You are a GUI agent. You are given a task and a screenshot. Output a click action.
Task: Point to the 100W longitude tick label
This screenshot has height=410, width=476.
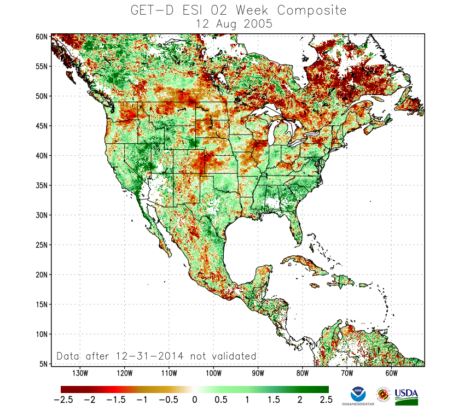click(213, 373)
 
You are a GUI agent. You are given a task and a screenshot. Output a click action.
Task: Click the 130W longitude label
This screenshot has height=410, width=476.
click(80, 373)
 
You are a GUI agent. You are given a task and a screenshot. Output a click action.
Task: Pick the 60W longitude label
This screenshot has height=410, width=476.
click(391, 373)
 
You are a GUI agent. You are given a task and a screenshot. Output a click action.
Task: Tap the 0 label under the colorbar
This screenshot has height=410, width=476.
click(195, 400)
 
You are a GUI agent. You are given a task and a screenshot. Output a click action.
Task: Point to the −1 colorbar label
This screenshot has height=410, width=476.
click(141, 400)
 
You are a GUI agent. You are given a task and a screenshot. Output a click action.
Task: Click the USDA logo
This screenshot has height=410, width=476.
click(406, 396)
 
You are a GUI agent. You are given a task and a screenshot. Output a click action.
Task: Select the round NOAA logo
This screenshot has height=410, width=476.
click(358, 394)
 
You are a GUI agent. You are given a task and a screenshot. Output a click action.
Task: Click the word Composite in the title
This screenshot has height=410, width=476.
click(311, 10)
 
